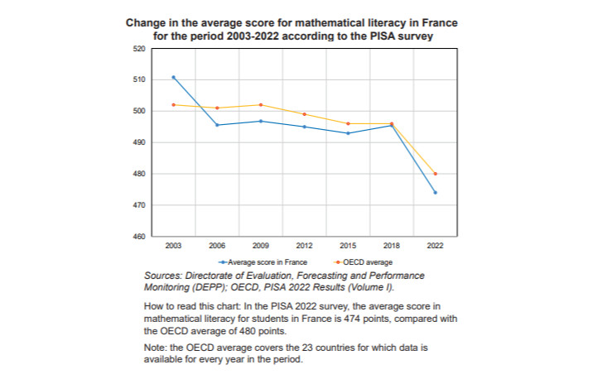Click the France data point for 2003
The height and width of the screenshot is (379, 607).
tap(173, 77)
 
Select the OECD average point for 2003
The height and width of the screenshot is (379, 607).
tap(173, 104)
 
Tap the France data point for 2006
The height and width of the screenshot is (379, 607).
tap(217, 125)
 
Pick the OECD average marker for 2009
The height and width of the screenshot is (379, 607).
tap(261, 105)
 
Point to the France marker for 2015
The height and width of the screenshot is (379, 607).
tap(348, 133)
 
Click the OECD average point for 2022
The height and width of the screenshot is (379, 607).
tap(435, 174)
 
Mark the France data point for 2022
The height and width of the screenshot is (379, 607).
tap(435, 193)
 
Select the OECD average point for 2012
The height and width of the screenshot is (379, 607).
tap(304, 114)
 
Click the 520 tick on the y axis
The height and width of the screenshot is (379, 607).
tap(139, 49)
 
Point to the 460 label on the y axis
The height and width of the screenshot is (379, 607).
tap(139, 237)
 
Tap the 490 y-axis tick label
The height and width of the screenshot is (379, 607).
tap(139, 142)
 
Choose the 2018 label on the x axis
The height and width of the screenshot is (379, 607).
tap(391, 247)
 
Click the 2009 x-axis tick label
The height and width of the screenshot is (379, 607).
tap(261, 247)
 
